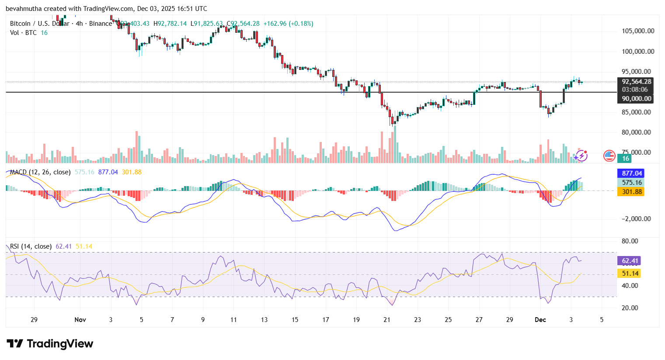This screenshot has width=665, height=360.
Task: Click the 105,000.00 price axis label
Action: pyautogui.click(x=638, y=31)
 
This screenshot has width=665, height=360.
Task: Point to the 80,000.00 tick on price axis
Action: pyautogui.click(x=638, y=132)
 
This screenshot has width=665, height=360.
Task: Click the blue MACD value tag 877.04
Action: pyautogui.click(x=632, y=173)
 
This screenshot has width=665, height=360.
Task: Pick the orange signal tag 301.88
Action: pyautogui.click(x=632, y=192)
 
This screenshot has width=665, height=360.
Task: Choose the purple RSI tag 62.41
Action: pyautogui.click(x=630, y=261)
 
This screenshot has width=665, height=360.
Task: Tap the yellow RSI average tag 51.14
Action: pyautogui.click(x=630, y=273)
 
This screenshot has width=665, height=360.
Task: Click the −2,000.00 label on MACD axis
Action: pyautogui.click(x=636, y=219)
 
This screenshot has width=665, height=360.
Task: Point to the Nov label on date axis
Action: pyautogui.click(x=80, y=320)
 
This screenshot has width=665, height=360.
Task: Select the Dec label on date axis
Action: pyautogui.click(x=540, y=320)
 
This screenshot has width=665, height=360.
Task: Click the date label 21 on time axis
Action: pyautogui.click(x=387, y=320)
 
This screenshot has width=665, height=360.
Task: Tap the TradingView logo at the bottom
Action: pyautogui.click(x=50, y=344)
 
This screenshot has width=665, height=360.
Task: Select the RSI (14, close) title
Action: pyautogui.click(x=31, y=246)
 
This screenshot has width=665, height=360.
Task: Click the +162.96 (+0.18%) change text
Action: pyautogui.click(x=288, y=24)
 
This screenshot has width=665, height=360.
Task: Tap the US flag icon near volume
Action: pyautogui.click(x=609, y=155)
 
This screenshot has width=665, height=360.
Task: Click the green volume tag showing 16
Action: pyautogui.click(x=626, y=159)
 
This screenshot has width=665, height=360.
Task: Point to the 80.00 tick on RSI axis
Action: pyautogui.click(x=630, y=241)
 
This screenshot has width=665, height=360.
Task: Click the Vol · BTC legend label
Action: pyautogui.click(x=24, y=33)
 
